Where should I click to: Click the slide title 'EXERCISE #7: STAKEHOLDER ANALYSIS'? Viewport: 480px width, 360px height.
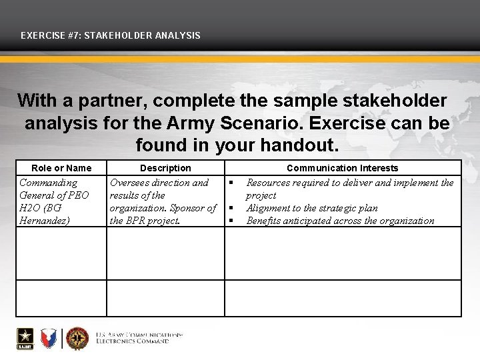click(x=111, y=35)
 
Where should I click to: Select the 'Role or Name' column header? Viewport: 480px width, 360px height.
click(x=61, y=168)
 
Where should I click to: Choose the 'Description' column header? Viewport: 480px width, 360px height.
click(x=165, y=168)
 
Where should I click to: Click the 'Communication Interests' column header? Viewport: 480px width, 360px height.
click(x=342, y=168)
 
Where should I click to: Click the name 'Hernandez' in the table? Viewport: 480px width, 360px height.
click(x=45, y=221)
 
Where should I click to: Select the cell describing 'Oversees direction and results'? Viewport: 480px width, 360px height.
click(x=164, y=201)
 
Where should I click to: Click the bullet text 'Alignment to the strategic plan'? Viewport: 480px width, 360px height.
click(x=311, y=208)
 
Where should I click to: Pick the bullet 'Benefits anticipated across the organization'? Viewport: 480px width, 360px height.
click(x=340, y=221)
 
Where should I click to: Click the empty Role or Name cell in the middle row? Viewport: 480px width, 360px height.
click(x=61, y=253)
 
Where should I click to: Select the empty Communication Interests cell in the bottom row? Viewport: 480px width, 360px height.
click(x=342, y=298)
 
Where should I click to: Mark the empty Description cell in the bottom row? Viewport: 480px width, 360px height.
click(x=165, y=298)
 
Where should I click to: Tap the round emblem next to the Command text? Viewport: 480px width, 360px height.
click(x=77, y=339)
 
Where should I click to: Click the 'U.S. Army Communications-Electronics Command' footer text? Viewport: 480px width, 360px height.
click(x=139, y=338)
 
